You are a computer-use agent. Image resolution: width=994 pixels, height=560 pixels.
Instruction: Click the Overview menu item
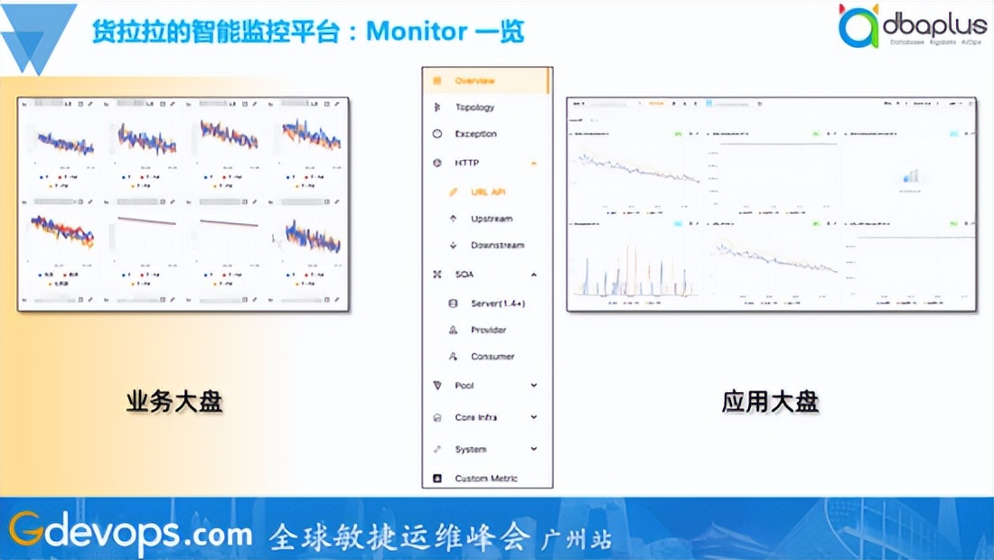click(475, 81)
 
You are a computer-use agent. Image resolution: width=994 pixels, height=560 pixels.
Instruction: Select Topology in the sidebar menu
click(475, 107)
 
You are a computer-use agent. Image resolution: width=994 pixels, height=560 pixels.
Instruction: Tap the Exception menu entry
click(476, 134)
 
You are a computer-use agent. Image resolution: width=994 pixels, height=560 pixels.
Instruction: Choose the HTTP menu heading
click(468, 163)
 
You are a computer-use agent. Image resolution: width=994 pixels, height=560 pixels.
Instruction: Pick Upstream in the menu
click(492, 219)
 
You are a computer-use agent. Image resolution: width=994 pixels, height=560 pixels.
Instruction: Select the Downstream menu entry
click(497, 246)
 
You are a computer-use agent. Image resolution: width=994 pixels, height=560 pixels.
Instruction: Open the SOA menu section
click(464, 274)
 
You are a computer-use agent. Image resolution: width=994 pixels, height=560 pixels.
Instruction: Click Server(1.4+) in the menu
click(498, 303)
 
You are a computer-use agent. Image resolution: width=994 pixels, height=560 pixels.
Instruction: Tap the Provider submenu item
click(489, 330)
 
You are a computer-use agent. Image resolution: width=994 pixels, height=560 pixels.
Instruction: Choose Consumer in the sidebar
click(492, 357)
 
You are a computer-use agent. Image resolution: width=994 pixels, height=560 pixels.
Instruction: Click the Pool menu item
click(464, 386)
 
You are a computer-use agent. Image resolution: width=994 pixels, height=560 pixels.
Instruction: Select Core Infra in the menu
click(476, 417)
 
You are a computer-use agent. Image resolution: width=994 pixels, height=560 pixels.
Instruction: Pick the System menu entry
click(471, 449)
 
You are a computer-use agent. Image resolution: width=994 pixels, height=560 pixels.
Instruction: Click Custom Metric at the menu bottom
click(486, 478)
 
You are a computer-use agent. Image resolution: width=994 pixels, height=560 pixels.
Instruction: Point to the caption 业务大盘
click(174, 402)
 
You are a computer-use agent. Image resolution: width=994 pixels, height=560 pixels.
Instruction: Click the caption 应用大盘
click(770, 402)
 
